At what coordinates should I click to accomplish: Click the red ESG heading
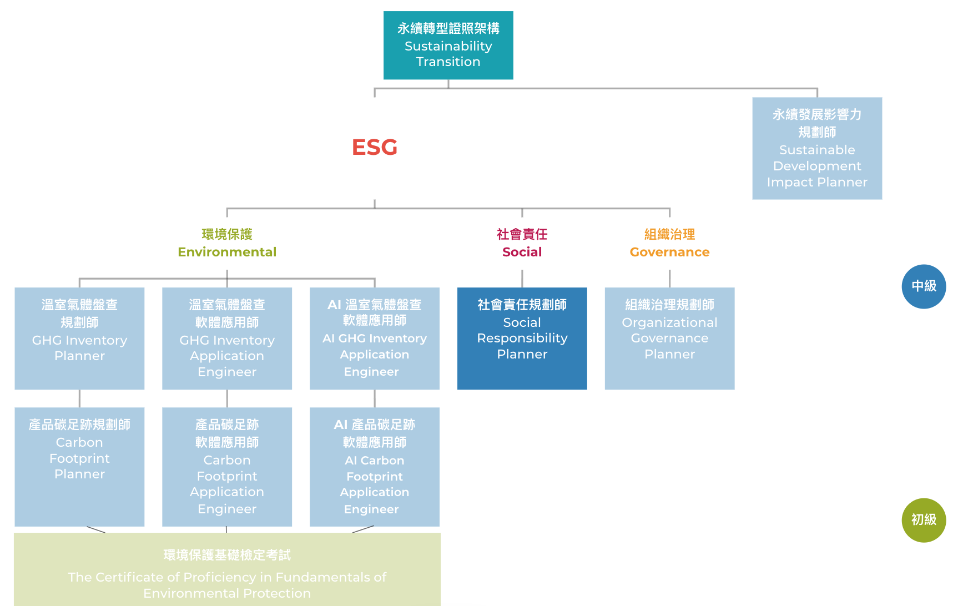point(375,147)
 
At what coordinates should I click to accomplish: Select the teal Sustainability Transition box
point(448,45)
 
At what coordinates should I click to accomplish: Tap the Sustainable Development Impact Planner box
point(816,148)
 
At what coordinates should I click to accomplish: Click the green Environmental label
point(227,251)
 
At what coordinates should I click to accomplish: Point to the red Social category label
point(522,251)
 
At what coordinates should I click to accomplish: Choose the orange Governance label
point(669,251)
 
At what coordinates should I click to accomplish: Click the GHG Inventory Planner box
point(79,338)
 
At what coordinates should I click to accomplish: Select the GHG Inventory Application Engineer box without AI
point(227,338)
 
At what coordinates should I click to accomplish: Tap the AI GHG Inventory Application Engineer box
point(375,338)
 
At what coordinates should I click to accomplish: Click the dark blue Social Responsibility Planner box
point(522,338)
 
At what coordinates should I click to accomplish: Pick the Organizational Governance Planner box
point(669,338)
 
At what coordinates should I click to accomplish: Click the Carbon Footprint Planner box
point(79,466)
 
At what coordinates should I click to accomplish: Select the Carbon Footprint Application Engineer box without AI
point(227,466)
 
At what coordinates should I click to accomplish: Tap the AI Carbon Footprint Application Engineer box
point(375,466)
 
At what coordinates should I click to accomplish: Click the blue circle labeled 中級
point(924,286)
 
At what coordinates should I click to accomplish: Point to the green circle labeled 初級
point(924,520)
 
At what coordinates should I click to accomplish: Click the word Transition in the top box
point(448,62)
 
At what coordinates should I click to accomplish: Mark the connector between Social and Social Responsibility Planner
point(522,278)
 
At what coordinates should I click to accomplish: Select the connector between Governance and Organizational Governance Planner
point(669,278)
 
